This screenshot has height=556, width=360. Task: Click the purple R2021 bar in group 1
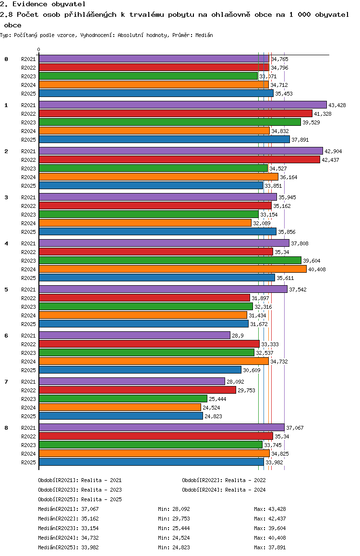[x=183, y=105]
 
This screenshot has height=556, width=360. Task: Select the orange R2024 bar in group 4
[x=172, y=269]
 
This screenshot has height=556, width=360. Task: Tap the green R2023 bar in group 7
[x=123, y=399]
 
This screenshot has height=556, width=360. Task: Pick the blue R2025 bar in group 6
[x=140, y=370]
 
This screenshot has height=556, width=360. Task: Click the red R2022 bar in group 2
[x=180, y=159]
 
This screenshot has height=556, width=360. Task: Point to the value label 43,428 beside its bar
[x=337, y=105]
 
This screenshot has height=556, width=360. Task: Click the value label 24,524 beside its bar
[x=211, y=408]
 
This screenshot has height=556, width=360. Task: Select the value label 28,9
[x=238, y=336]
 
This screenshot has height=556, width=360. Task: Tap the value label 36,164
[x=288, y=177]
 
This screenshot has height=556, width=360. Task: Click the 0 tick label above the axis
[x=38, y=49]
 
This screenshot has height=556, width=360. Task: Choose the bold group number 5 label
[x=6, y=290]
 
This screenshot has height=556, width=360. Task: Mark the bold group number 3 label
[x=6, y=197]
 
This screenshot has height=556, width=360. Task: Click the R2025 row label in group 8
[x=28, y=462]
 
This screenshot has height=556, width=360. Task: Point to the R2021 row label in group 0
[x=28, y=59]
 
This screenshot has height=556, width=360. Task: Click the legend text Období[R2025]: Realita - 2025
[x=80, y=499]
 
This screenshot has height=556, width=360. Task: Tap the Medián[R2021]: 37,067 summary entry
[x=68, y=509]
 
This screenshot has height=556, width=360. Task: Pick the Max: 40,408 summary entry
[x=270, y=538]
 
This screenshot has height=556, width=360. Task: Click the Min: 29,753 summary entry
[x=174, y=519]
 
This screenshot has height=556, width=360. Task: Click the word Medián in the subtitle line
[x=204, y=35]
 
